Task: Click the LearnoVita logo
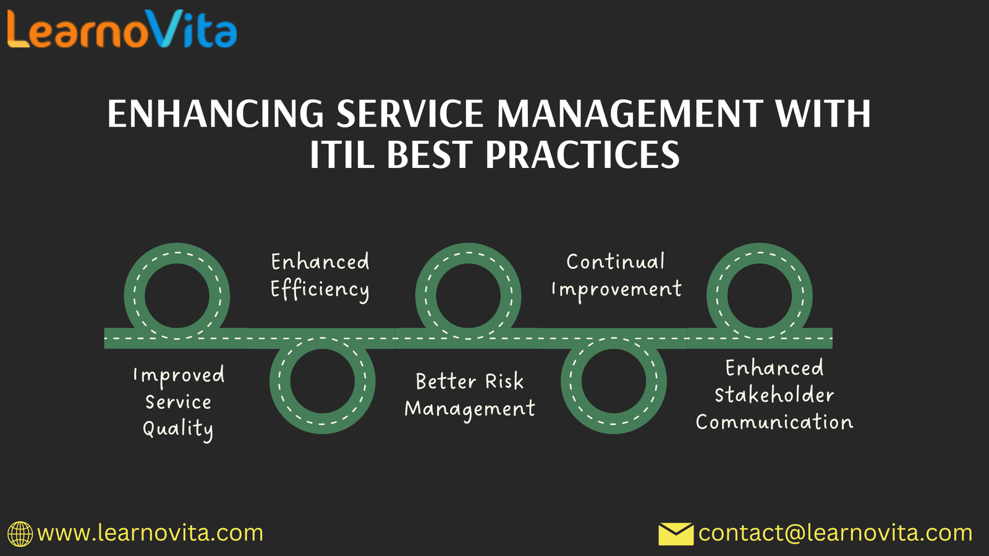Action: [122, 28]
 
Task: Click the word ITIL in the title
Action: [342, 154]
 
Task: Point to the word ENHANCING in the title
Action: [216, 114]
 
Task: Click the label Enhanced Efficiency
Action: [320, 276]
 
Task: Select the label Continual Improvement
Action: [616, 276]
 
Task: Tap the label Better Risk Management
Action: [470, 395]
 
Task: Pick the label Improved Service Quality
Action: [179, 402]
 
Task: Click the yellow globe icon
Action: [20, 534]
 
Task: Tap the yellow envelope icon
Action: [676, 534]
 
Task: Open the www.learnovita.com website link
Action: [150, 533]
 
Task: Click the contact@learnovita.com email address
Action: [835, 533]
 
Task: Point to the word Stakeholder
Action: [775, 395]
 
